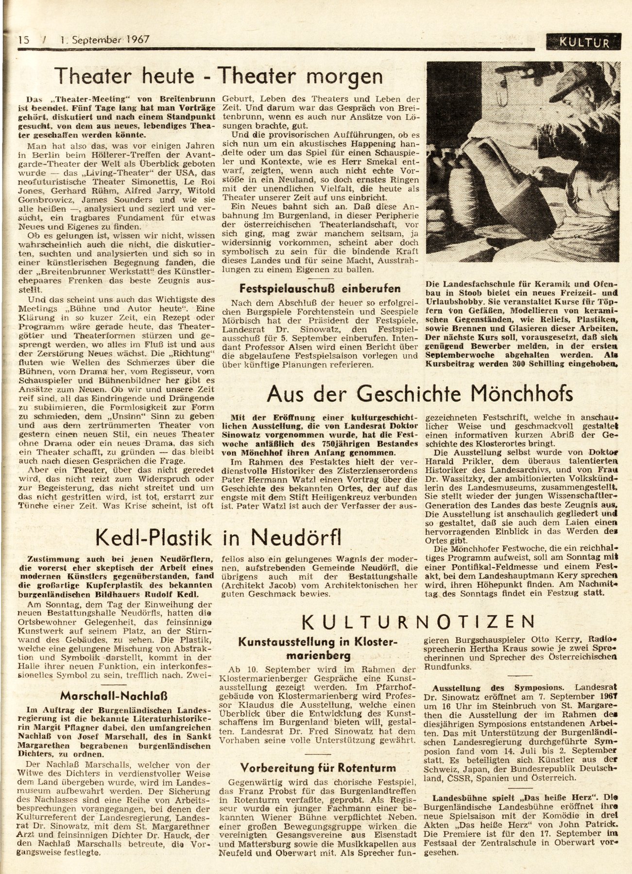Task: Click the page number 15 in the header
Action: pos(23,40)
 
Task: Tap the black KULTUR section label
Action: pos(583,42)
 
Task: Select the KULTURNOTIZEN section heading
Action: pos(419,621)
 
